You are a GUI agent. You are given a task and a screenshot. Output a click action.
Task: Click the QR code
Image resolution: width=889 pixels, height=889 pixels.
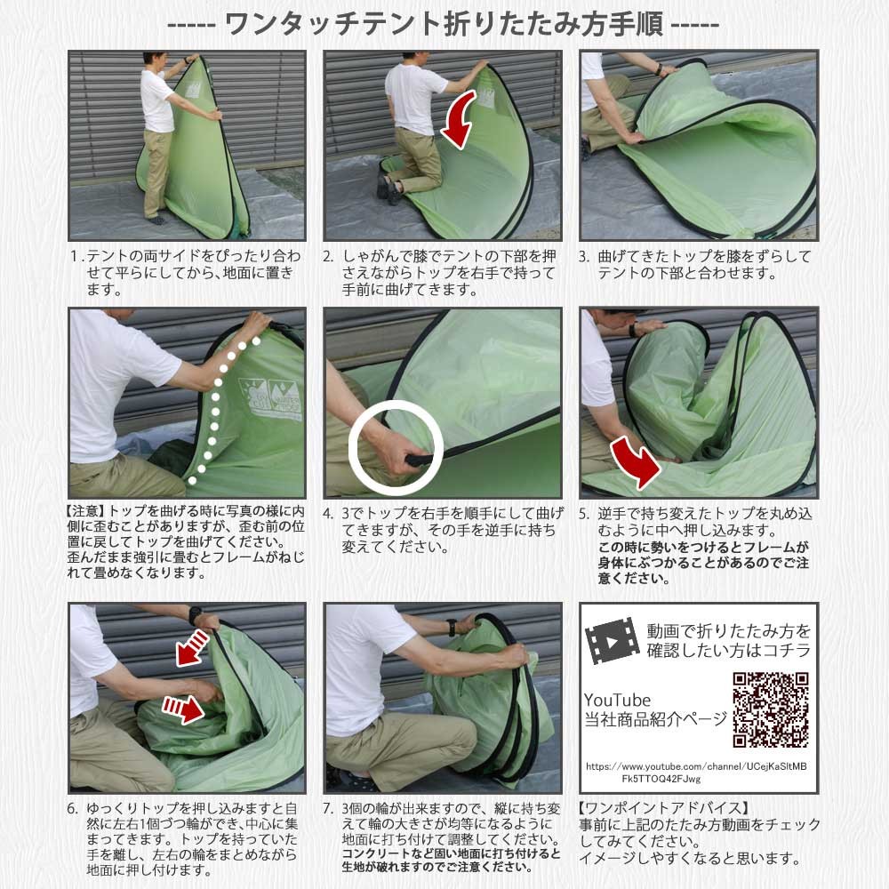[x=771, y=709]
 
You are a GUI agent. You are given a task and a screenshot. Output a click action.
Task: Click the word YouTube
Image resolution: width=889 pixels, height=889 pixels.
[x=618, y=701]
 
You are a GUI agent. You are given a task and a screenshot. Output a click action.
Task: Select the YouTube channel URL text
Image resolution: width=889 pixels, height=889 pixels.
[x=696, y=773]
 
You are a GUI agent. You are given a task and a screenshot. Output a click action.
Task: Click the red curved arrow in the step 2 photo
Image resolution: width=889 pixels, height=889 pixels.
[x=460, y=120]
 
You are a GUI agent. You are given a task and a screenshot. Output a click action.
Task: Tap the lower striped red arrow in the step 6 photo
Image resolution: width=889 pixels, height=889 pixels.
[x=182, y=709]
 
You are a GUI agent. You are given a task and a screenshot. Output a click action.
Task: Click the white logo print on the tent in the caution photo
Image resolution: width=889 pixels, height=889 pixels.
[x=270, y=399]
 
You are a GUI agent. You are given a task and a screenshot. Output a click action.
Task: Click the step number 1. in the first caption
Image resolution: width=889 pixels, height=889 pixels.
[x=76, y=257]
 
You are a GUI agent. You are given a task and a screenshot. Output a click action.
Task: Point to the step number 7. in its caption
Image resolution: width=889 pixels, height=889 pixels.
[x=329, y=808]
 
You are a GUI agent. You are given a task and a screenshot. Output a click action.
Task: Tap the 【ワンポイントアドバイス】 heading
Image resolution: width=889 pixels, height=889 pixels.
[x=664, y=808]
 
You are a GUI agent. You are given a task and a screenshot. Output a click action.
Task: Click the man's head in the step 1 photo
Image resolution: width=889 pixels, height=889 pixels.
[x=154, y=60]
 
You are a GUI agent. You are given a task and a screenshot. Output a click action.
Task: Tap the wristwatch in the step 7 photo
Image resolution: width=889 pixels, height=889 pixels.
[x=452, y=627]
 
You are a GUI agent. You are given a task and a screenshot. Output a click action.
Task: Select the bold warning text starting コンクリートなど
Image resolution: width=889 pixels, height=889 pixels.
[x=451, y=860]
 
